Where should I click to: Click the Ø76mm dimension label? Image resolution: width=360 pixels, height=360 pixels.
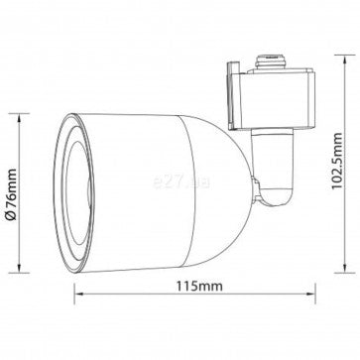[12, 194]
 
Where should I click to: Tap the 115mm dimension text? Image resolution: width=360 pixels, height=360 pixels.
[199, 286]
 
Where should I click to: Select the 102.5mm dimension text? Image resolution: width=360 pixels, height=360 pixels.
[337, 161]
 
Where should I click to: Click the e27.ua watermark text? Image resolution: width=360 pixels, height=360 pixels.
[181, 181]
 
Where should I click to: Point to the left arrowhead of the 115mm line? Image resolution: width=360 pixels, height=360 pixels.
[78, 294]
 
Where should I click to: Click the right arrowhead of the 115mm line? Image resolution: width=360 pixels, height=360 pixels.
[311, 294]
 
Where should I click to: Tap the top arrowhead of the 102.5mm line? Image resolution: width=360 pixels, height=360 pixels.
[345, 60]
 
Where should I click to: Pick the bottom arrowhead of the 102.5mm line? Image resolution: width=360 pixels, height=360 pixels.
[345, 269]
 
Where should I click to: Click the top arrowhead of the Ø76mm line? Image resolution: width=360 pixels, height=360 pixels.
[19, 118]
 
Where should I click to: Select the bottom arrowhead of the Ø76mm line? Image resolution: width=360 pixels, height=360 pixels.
[19, 269]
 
